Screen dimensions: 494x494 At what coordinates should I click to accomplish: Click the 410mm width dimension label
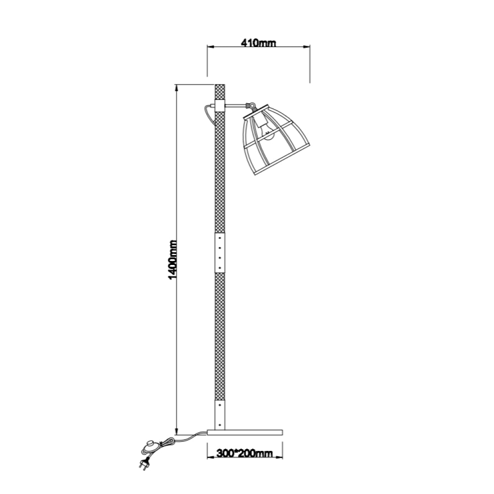pyautogui.click(x=258, y=43)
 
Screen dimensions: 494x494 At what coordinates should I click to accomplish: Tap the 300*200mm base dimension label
pyautogui.click(x=244, y=453)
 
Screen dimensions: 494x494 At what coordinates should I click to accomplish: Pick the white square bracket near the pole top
pyautogui.click(x=220, y=106)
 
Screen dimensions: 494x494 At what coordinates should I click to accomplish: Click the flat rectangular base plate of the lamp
pyautogui.click(x=245, y=432)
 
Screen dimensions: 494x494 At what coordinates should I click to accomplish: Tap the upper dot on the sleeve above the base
pyautogui.click(x=220, y=405)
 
